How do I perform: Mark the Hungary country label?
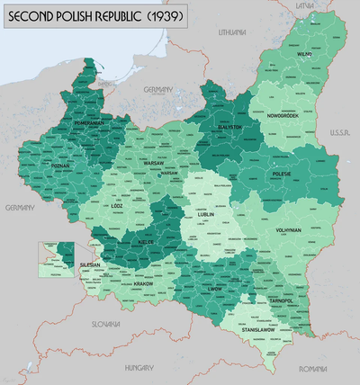139,367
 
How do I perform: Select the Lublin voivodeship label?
199,216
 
